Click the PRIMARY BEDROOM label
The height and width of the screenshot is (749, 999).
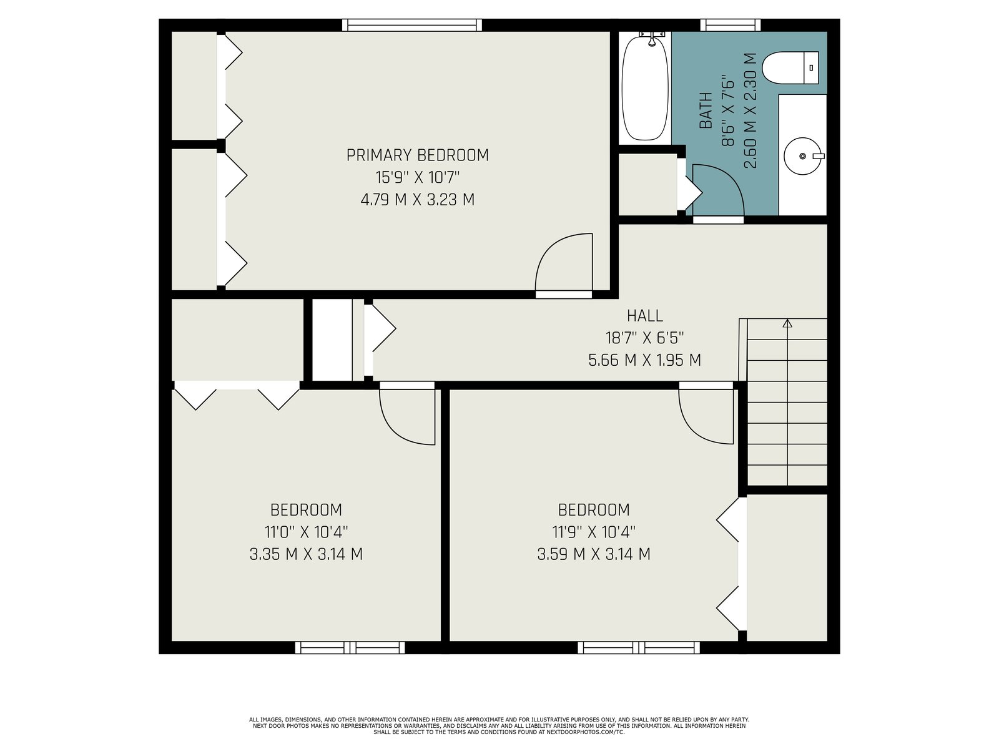(417, 155)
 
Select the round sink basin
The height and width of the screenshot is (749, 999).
(802, 156)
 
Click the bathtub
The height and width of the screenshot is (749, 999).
(646, 88)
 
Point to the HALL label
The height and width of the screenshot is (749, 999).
(644, 316)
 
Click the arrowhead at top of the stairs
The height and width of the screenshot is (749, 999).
(787, 323)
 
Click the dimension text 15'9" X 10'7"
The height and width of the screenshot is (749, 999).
(417, 177)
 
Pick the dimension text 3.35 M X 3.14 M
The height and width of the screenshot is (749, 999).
(306, 554)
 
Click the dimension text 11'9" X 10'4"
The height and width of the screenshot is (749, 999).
(594, 532)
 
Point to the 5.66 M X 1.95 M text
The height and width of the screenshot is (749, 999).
(644, 360)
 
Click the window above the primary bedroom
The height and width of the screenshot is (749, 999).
(412, 25)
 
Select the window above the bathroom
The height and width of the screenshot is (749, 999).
(730, 25)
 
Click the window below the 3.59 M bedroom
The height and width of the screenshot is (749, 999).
(639, 647)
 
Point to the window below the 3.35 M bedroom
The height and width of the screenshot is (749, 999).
(350, 647)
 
